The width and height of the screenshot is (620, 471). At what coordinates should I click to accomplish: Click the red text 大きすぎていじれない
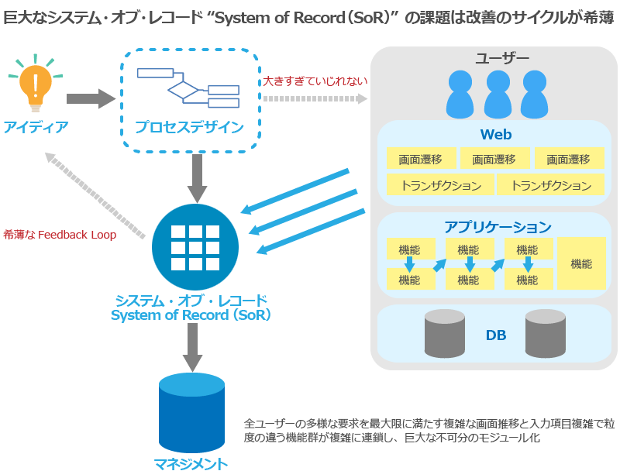[x=315, y=80]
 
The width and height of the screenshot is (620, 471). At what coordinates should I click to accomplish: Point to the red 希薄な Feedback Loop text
[x=60, y=235]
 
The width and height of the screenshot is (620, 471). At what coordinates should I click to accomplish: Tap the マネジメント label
[x=191, y=463]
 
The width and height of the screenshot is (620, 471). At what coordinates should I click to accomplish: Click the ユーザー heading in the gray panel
[x=502, y=59]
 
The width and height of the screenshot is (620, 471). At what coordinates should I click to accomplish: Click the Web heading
[x=496, y=134]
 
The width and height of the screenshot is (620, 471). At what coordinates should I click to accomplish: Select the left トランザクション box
[x=440, y=185]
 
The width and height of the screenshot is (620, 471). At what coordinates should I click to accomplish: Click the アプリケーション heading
[x=498, y=226]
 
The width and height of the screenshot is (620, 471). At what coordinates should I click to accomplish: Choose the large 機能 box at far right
[x=581, y=263]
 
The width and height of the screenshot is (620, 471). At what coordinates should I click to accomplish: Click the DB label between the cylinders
[x=496, y=335]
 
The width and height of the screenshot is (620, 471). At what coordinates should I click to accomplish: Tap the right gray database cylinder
[x=546, y=333]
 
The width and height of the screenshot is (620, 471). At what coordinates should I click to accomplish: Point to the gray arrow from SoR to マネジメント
[x=191, y=347]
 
